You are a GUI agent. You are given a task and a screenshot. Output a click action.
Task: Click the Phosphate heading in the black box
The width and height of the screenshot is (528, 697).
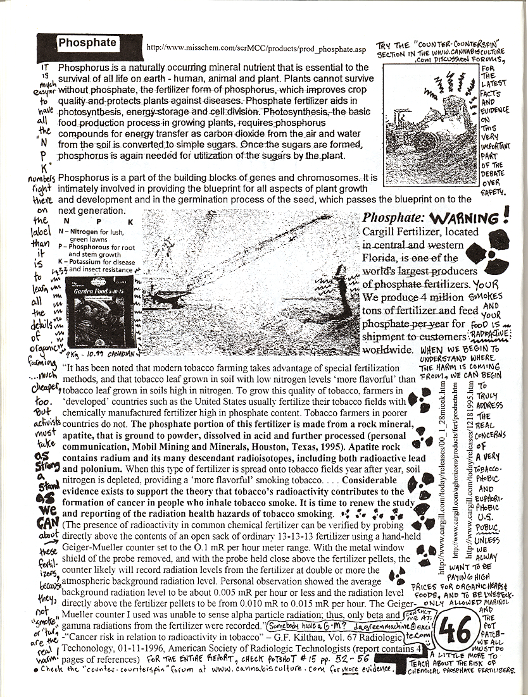click(87, 43)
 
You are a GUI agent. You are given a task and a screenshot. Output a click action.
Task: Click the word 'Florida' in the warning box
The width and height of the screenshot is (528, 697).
click(379, 258)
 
